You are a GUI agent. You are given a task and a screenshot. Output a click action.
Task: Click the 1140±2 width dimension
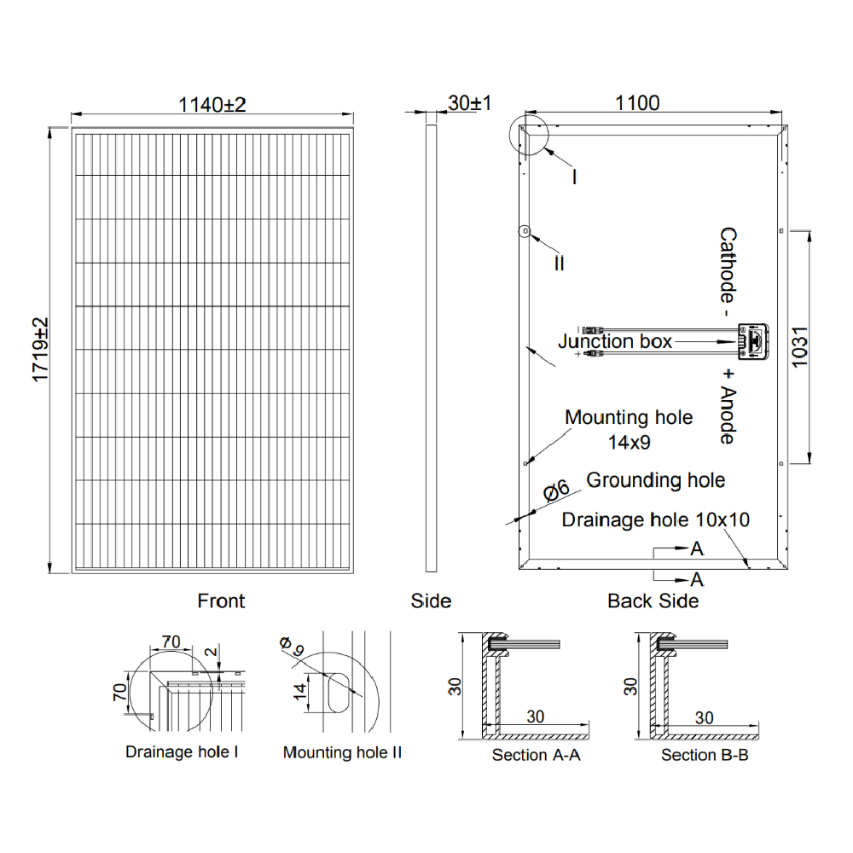click(212, 104)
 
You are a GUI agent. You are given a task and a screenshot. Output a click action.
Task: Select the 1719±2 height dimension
click(41, 350)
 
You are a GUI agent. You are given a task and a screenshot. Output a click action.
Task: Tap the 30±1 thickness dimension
click(469, 103)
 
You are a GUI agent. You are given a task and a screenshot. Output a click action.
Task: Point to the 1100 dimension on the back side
click(637, 103)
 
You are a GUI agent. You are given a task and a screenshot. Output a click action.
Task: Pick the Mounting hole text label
click(629, 418)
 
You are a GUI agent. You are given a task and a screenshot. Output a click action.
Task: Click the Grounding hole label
click(655, 480)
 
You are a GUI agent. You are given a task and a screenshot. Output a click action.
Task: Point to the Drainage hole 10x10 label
click(655, 519)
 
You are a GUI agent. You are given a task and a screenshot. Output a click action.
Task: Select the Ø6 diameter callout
click(556, 490)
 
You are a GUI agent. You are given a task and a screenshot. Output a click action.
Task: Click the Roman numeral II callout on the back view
click(559, 264)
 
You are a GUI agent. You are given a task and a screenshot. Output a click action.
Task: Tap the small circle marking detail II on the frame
click(525, 231)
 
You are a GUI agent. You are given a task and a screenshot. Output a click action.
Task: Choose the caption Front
click(221, 601)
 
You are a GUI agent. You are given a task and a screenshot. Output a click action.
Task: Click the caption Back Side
click(653, 601)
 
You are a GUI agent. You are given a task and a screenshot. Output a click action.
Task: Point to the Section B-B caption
click(705, 755)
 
